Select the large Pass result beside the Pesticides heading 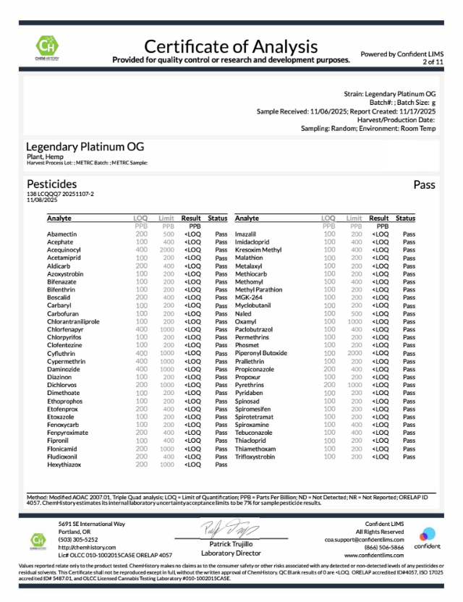pos(424,185)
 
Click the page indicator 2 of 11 pos(433,62)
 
